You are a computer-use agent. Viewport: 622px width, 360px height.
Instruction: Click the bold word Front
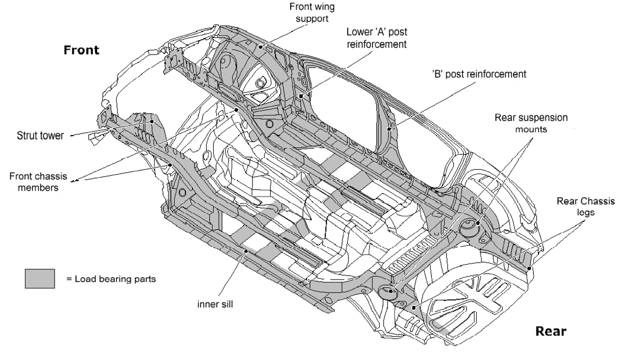click(x=81, y=50)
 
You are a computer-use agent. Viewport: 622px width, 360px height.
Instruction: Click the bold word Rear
click(x=550, y=331)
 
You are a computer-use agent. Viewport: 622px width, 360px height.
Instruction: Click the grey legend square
click(x=40, y=278)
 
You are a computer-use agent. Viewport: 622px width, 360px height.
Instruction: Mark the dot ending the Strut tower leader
click(x=152, y=120)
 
